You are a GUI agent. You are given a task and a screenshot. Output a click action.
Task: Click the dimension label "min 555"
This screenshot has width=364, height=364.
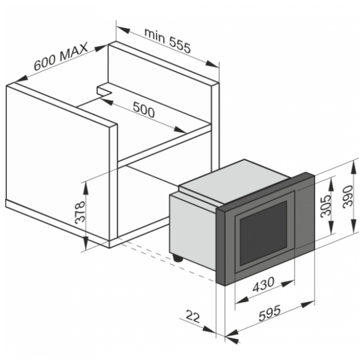point(167,41)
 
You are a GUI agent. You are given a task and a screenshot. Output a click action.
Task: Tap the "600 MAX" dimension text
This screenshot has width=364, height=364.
point(61,56)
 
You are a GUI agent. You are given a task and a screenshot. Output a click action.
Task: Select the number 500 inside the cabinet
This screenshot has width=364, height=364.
point(144,110)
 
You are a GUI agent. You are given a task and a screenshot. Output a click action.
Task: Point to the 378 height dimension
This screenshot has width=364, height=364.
point(80,212)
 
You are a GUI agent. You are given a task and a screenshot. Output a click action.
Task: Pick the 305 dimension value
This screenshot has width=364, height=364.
point(326,206)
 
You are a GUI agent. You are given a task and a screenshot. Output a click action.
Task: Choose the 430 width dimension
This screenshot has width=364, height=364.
point(263,285)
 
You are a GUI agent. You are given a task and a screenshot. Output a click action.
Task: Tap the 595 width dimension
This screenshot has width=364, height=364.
point(269,313)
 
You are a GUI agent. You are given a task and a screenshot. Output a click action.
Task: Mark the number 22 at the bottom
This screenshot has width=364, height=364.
point(193,317)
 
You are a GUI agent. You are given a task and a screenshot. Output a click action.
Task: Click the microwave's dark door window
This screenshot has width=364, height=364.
point(263,233)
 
